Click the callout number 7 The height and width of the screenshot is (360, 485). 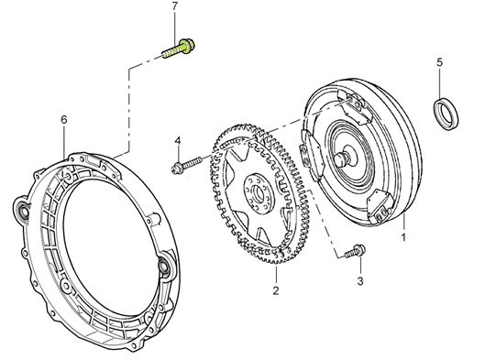(x=175, y=6)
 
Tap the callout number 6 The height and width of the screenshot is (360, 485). (x=64, y=120)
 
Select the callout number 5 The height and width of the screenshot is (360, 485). (x=439, y=62)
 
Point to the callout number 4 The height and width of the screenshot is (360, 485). (x=177, y=141)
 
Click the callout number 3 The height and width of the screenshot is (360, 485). (x=360, y=281)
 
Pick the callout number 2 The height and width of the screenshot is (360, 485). (x=276, y=290)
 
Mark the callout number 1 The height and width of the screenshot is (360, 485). (x=403, y=237)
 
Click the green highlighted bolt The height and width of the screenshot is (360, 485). (x=179, y=49)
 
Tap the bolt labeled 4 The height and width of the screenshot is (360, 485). (x=186, y=165)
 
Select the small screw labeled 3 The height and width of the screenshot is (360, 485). (x=355, y=251)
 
